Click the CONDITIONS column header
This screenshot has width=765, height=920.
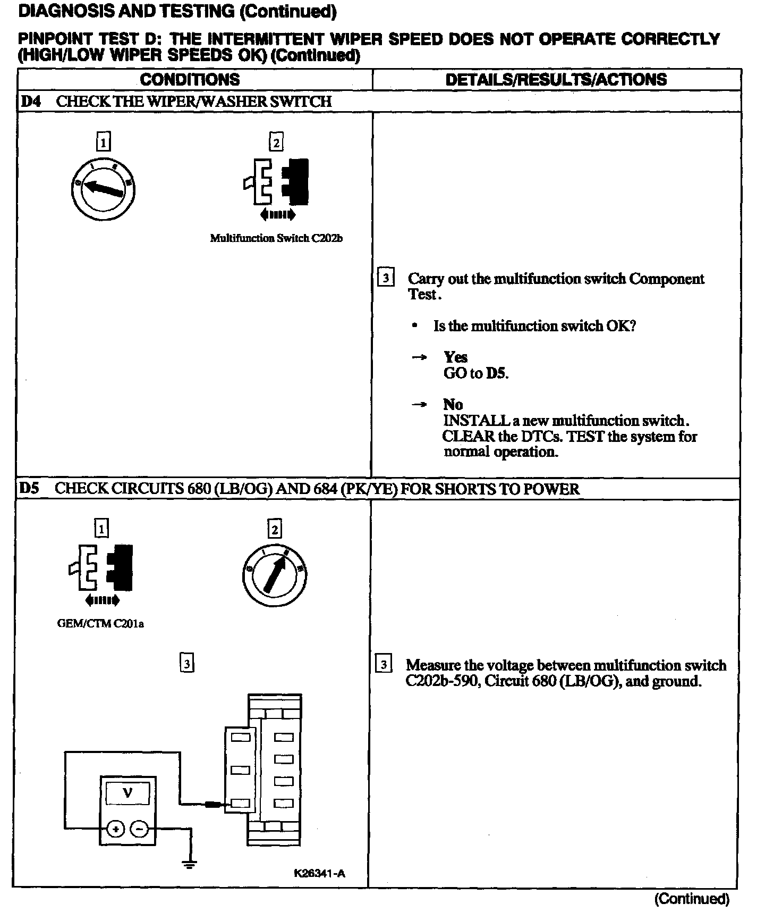pyautogui.click(x=190, y=80)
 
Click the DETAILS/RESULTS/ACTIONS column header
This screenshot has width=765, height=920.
pyautogui.click(x=556, y=80)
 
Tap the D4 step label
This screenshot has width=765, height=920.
pyautogui.click(x=30, y=102)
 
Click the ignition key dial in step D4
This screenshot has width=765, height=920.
pyautogui.click(x=103, y=189)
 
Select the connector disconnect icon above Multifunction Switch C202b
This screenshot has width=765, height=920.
pyautogui.click(x=276, y=182)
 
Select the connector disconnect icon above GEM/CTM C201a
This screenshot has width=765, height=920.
pyautogui.click(x=101, y=568)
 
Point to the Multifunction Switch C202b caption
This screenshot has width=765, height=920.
pyautogui.click(x=276, y=238)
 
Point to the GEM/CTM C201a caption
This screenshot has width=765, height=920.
pyautogui.click(x=100, y=624)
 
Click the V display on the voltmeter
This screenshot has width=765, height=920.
pyautogui.click(x=127, y=793)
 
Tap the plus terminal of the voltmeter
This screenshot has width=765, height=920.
pyautogui.click(x=116, y=829)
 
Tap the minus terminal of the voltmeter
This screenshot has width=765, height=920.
pyautogui.click(x=140, y=829)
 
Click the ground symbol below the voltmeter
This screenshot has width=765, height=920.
pyautogui.click(x=190, y=864)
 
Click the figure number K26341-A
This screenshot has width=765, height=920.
pyautogui.click(x=319, y=873)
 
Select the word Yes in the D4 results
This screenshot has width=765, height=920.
pyautogui.click(x=455, y=357)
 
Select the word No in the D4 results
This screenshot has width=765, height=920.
pyautogui.click(x=453, y=405)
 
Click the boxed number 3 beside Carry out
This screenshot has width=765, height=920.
pyautogui.click(x=385, y=278)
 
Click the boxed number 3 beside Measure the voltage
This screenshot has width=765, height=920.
pyautogui.click(x=383, y=664)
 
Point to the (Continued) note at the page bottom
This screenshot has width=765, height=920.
pyautogui.click(x=692, y=899)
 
